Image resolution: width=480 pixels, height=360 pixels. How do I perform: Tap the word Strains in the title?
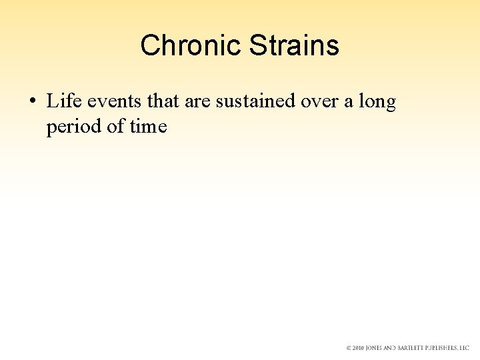[x=294, y=46]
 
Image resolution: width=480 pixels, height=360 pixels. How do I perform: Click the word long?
[x=377, y=103]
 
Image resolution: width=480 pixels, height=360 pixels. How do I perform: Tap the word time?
[x=148, y=126]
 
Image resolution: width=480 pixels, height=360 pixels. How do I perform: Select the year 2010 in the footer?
[x=359, y=348]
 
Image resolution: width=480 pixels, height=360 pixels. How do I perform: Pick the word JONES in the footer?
[x=377, y=348]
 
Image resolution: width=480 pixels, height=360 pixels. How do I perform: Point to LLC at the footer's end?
[x=465, y=348]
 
